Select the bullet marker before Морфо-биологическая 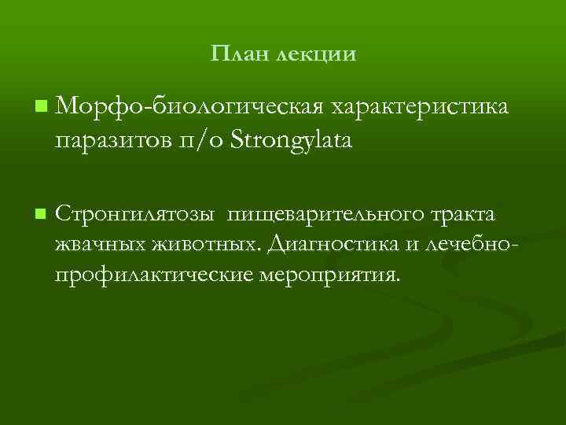pos(40,104)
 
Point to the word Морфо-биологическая pos(189,105)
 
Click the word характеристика pos(419,105)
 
